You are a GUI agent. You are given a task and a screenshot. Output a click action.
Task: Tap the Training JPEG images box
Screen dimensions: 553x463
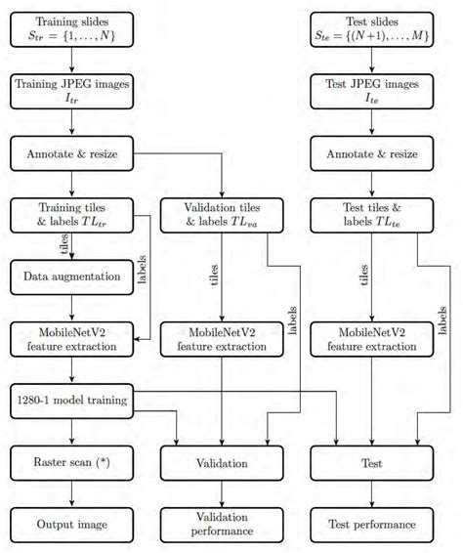73,90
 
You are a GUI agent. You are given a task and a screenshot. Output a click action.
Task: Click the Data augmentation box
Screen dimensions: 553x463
73,277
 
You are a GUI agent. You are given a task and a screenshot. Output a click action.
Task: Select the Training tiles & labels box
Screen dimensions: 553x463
73,215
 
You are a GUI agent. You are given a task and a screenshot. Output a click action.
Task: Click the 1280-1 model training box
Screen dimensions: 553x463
73,401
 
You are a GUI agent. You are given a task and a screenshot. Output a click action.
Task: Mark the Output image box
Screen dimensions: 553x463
73,525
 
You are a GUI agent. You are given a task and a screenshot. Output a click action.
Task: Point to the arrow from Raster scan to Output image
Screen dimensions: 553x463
73,494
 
